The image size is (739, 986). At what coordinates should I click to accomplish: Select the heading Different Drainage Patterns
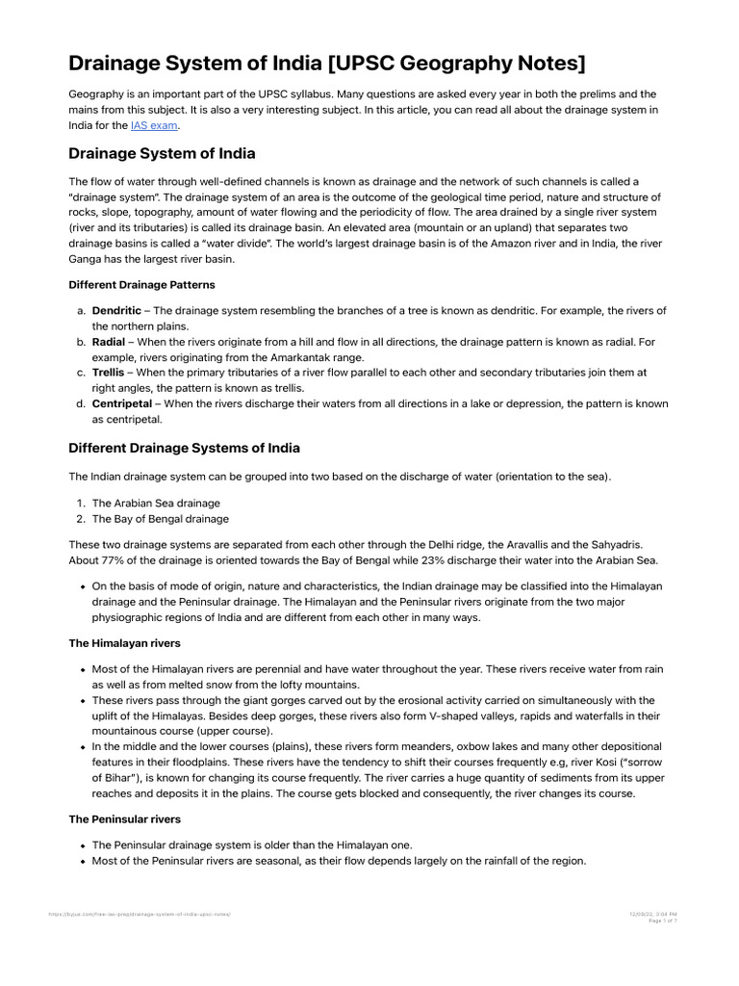[141, 285]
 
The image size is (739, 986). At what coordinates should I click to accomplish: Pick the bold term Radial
[109, 342]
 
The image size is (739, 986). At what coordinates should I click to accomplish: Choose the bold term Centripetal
[121, 403]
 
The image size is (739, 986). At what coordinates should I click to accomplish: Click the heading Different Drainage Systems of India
[184, 448]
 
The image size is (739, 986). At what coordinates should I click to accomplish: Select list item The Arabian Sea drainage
[156, 503]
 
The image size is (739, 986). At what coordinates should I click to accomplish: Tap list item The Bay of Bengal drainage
[161, 519]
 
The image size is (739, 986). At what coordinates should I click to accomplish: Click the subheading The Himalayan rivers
[124, 642]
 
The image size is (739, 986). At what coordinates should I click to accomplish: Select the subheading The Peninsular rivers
[124, 819]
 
